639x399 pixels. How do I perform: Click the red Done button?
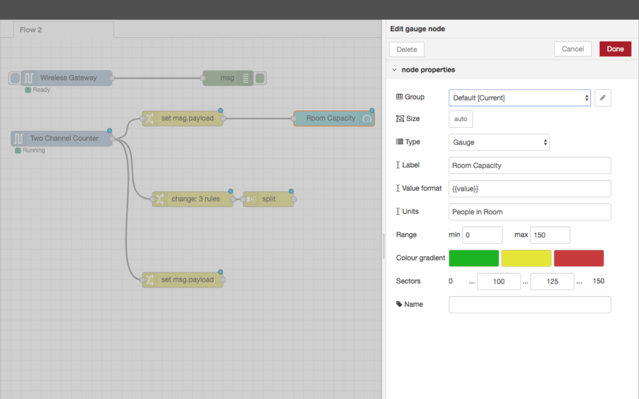[x=615, y=49]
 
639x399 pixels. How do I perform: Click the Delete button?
[x=407, y=49]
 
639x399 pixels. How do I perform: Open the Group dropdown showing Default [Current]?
[x=520, y=98]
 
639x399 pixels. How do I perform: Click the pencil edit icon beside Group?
[x=603, y=98]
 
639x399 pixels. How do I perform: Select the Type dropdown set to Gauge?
[x=499, y=142]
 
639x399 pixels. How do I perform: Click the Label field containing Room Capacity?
[x=530, y=165]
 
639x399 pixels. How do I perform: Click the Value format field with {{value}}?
[x=530, y=188]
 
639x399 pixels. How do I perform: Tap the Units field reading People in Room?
[x=530, y=212]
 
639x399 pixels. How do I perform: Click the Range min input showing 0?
[x=482, y=235]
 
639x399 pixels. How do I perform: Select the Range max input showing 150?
[x=550, y=235]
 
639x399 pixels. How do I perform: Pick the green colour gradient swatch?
[x=474, y=258]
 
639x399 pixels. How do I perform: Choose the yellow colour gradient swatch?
[x=526, y=258]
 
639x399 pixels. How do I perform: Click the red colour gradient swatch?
[x=578, y=258]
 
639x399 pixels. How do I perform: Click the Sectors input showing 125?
[x=552, y=281]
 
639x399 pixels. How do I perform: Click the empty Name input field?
[x=530, y=304]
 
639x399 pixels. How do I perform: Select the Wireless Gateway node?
[x=66, y=78]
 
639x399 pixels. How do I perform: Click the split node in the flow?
[x=268, y=199]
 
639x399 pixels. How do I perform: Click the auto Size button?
[x=461, y=119]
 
